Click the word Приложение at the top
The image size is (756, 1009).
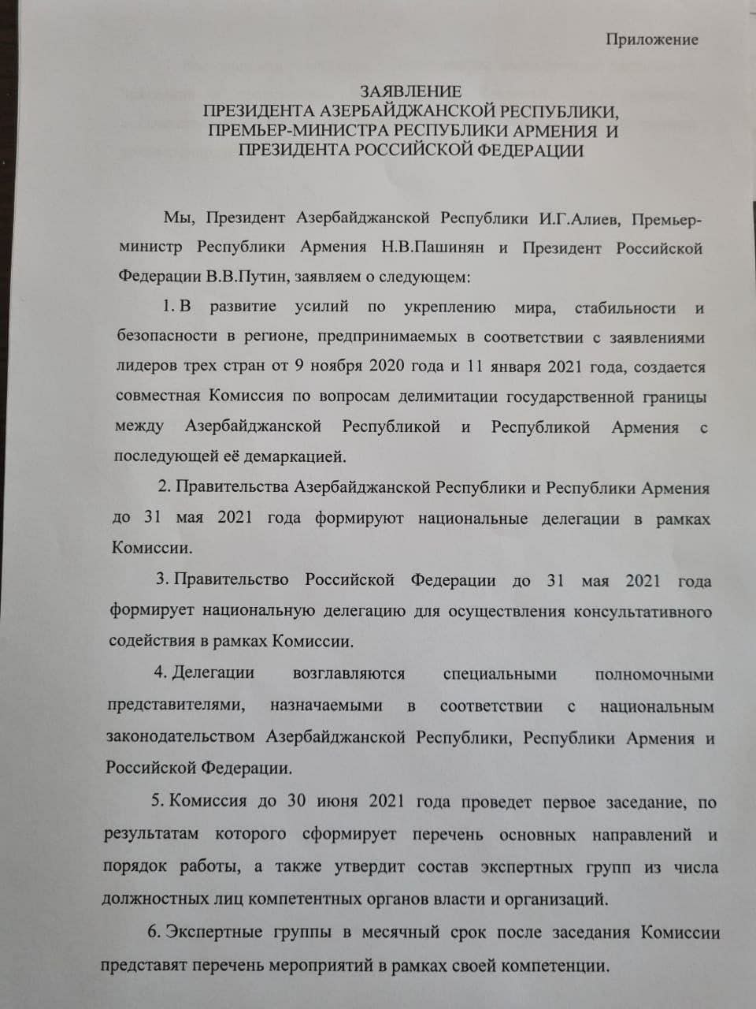pyautogui.click(x=651, y=39)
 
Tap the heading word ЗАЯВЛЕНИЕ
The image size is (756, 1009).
pyautogui.click(x=410, y=92)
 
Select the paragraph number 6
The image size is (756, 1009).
pyautogui.click(x=154, y=933)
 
